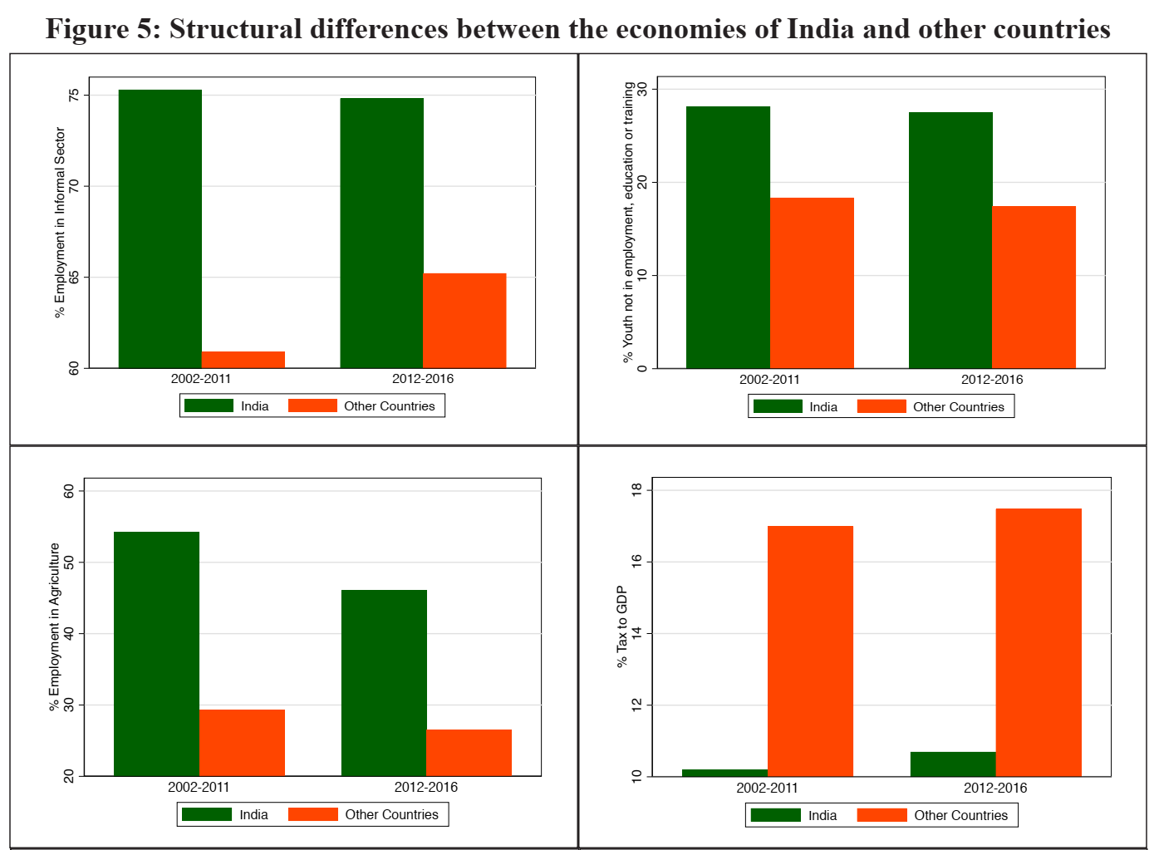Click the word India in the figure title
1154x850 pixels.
820,29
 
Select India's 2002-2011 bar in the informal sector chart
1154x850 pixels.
160,228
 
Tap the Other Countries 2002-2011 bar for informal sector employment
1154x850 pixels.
243,360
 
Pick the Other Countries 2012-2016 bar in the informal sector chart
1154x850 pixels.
464,320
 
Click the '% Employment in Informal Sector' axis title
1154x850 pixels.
60,222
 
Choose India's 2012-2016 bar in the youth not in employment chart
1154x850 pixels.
950,240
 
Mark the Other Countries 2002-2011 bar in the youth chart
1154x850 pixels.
812,283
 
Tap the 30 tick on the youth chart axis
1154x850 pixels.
643,89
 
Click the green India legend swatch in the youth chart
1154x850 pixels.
778,406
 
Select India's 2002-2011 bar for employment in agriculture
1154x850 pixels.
156,654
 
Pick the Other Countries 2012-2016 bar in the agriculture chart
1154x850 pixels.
469,753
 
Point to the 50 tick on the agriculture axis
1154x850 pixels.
69,563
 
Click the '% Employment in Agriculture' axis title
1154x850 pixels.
55,626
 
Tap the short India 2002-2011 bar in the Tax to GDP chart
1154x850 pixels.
724,773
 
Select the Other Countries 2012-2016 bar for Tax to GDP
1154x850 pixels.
1039,642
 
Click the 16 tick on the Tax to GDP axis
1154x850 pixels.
637,562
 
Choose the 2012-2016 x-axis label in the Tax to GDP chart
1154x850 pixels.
995,788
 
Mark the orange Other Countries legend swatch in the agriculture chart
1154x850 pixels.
313,814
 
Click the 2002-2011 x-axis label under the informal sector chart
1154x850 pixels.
201,379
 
